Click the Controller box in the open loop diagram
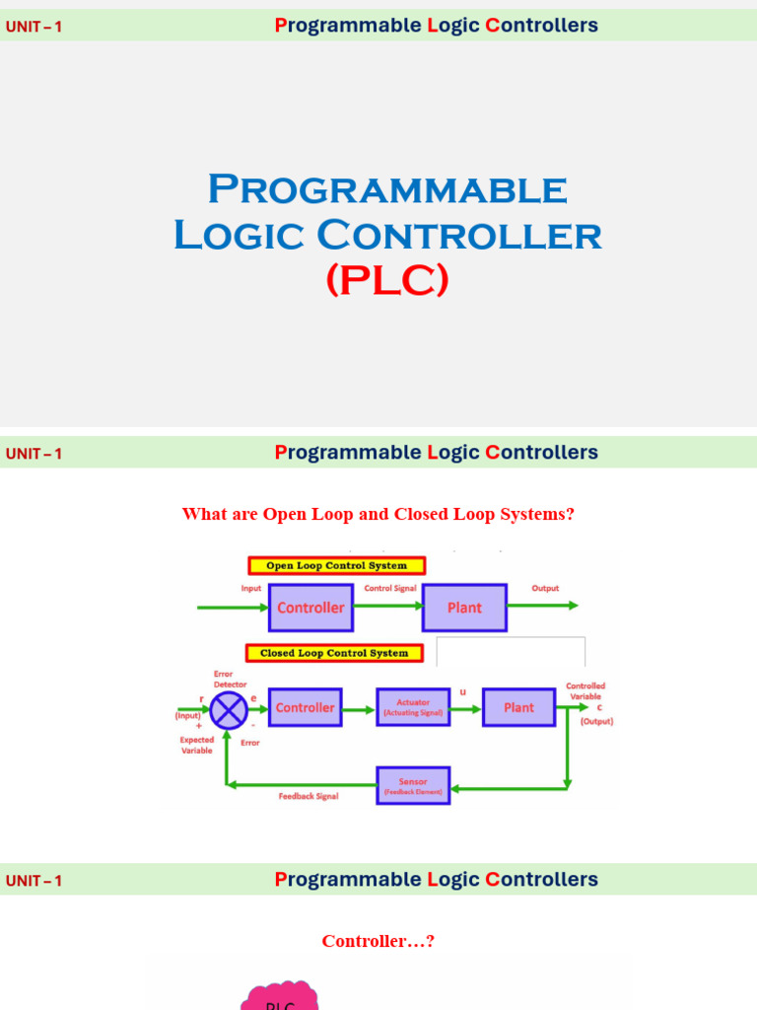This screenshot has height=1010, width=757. tap(310, 608)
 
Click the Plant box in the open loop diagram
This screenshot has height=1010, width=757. tap(464, 608)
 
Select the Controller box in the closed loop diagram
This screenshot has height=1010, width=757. tap(305, 708)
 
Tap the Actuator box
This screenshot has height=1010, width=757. tap(413, 708)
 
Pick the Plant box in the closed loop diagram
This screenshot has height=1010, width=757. tap(518, 708)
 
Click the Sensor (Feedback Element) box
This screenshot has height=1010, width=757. tap(413, 785)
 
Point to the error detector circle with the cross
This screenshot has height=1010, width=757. tap(230, 709)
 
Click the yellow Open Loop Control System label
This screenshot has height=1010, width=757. tap(336, 566)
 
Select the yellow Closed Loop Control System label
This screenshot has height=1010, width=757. tap(334, 653)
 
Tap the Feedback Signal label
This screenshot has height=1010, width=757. tap(309, 796)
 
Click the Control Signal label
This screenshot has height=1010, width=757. tap(391, 589)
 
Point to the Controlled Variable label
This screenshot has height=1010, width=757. tap(585, 690)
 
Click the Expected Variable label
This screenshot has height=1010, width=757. tap(196, 745)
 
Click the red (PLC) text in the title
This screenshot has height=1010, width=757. tap(387, 281)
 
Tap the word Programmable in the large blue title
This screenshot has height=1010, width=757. tap(387, 188)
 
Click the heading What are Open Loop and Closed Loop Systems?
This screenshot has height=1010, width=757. tap(378, 514)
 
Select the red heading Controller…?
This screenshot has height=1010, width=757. tap(378, 941)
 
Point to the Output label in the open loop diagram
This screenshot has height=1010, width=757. tap(545, 589)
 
